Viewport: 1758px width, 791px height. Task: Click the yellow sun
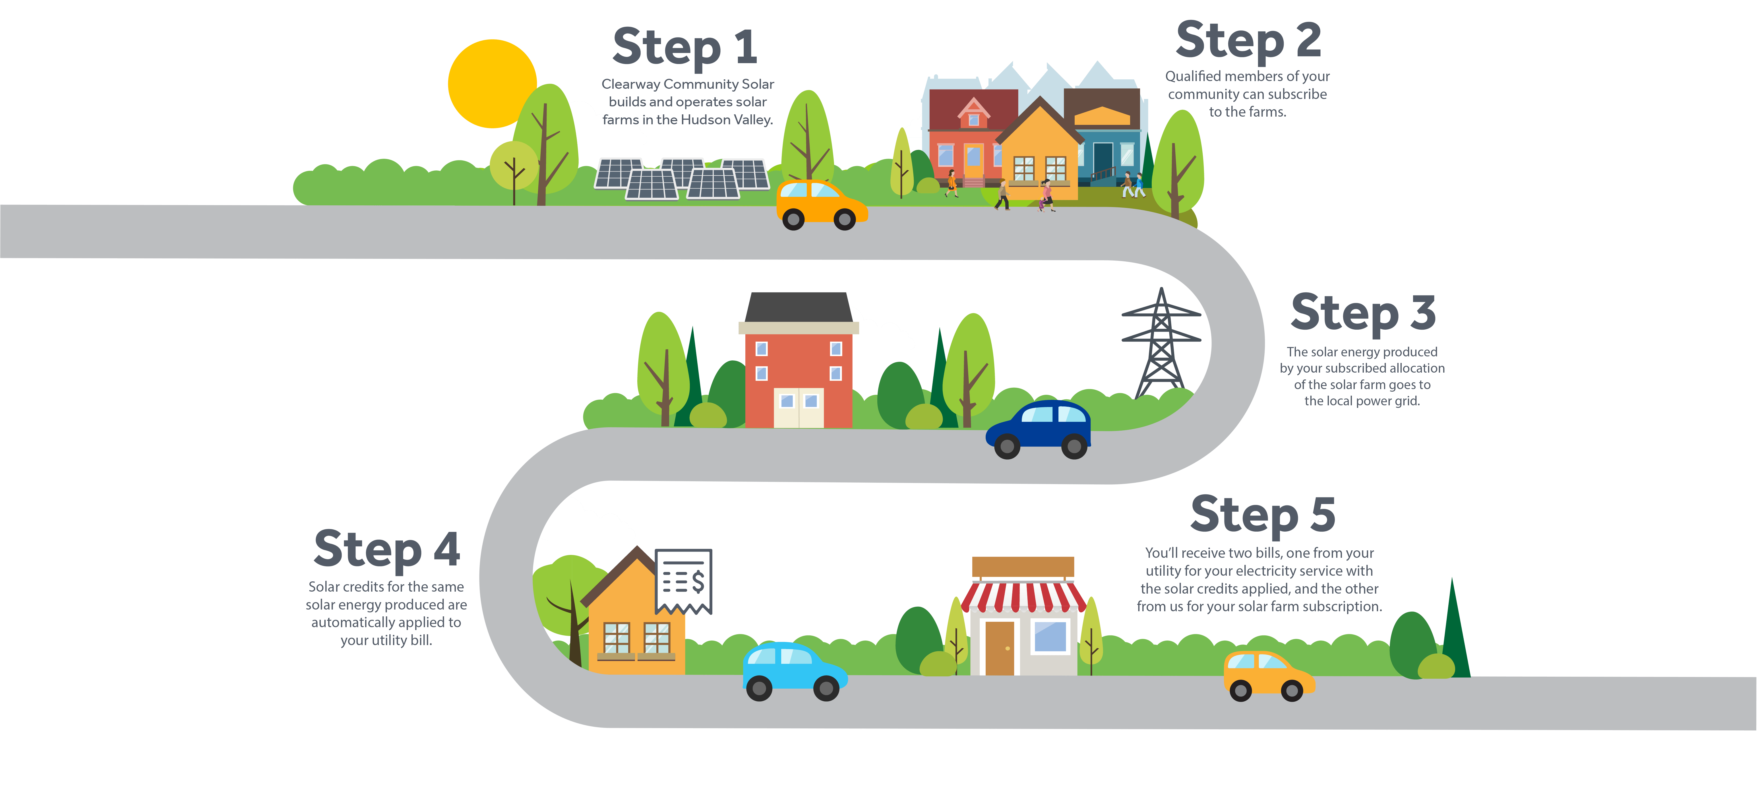pyautogui.click(x=491, y=83)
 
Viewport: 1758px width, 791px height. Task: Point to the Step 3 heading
pyautogui.click(x=1363, y=313)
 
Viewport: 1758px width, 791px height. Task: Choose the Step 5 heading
pyautogui.click(x=1263, y=514)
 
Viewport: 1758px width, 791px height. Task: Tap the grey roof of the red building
pyautogui.click(x=797, y=307)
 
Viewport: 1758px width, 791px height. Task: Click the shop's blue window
pyautogui.click(x=1050, y=636)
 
